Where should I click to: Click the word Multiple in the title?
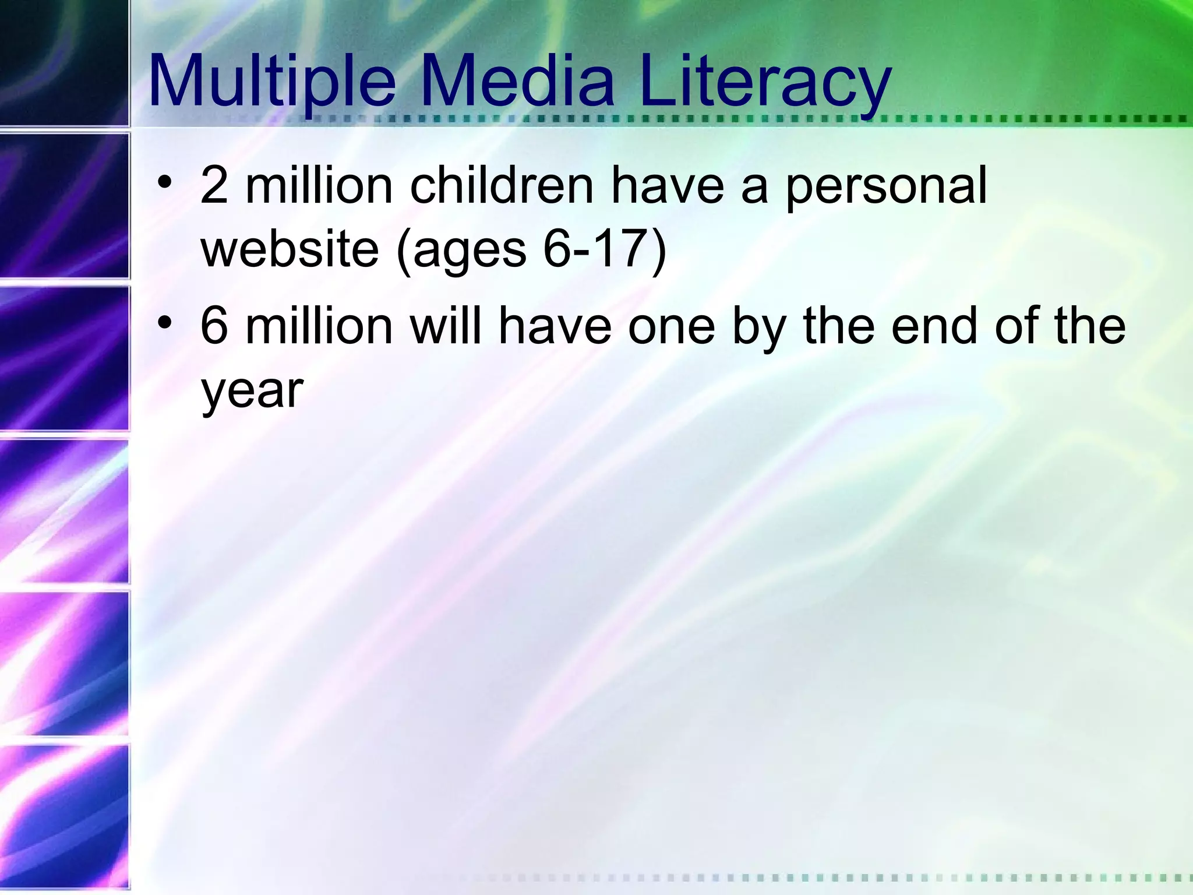point(272,82)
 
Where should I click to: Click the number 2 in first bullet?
point(214,185)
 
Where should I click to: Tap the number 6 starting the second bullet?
point(214,326)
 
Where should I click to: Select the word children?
point(502,185)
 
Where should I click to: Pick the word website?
point(290,249)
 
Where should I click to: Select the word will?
point(446,326)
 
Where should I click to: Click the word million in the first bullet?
point(319,185)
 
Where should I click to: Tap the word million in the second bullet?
point(319,326)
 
